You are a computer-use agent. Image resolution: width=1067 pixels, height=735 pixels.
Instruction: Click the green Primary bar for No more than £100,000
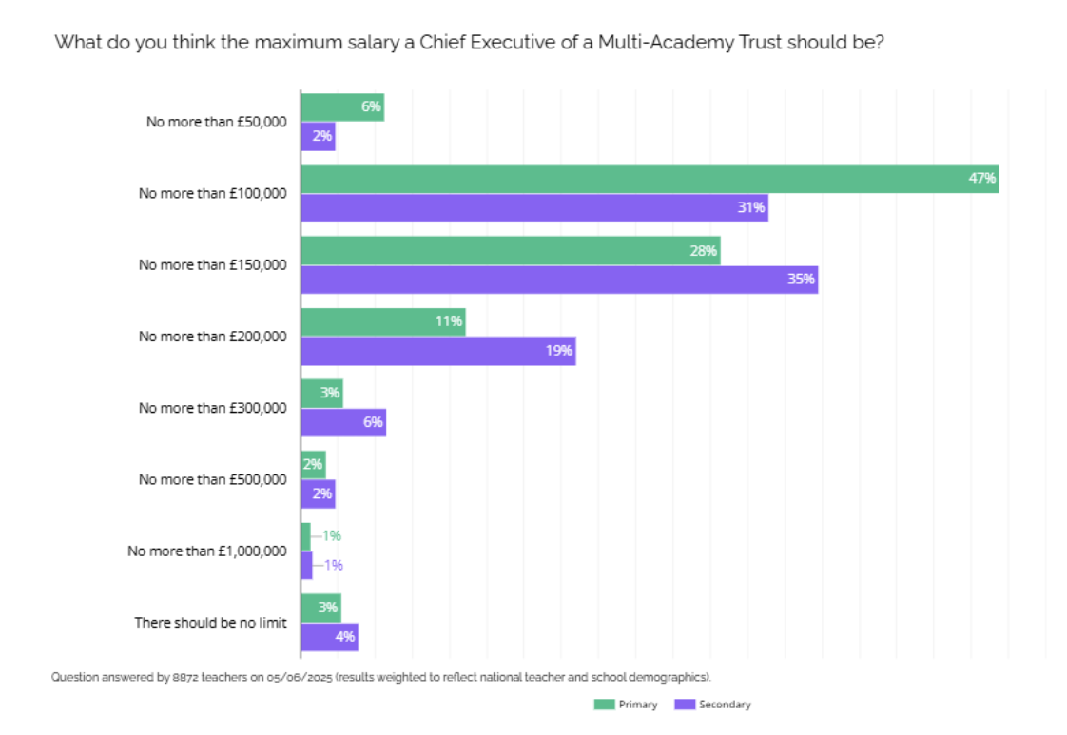click(649, 179)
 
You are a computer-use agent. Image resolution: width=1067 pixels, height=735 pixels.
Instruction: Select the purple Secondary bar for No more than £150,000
click(559, 280)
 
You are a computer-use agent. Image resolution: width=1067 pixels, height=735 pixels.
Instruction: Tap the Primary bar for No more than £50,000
click(341, 106)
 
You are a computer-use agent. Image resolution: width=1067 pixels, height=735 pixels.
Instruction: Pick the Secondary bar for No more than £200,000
click(437, 351)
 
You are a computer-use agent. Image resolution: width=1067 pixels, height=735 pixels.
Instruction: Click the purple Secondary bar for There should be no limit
click(329, 637)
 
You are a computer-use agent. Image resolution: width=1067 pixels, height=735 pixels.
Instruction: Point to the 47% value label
click(981, 178)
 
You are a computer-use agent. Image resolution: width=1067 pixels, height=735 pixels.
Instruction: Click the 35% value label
click(801, 280)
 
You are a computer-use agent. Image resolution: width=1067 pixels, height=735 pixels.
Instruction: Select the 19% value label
click(559, 351)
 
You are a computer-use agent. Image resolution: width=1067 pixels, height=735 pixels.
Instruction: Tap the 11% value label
click(449, 321)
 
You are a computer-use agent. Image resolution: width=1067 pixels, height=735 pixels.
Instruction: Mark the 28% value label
click(704, 250)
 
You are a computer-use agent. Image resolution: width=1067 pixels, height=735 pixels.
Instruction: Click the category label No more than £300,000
click(212, 408)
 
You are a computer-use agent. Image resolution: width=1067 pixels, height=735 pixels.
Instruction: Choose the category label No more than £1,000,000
click(206, 551)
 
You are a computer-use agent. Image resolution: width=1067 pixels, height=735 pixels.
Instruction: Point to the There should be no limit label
click(210, 623)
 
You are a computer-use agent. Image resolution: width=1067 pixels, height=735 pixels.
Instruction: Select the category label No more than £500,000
click(212, 479)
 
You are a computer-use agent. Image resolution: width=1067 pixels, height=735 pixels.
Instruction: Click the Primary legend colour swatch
click(604, 705)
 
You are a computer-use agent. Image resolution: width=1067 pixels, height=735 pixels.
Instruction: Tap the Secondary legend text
click(725, 705)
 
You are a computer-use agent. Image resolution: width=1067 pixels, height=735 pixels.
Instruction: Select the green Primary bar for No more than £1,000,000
click(305, 536)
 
